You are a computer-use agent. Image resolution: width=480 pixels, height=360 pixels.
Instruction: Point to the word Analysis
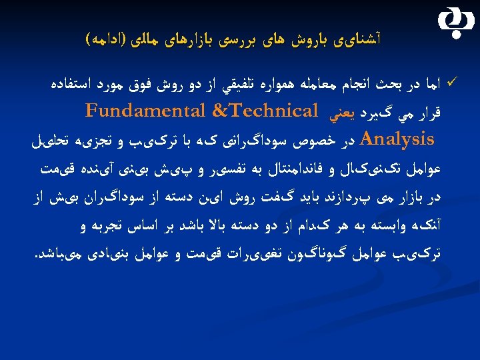point(397,140)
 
